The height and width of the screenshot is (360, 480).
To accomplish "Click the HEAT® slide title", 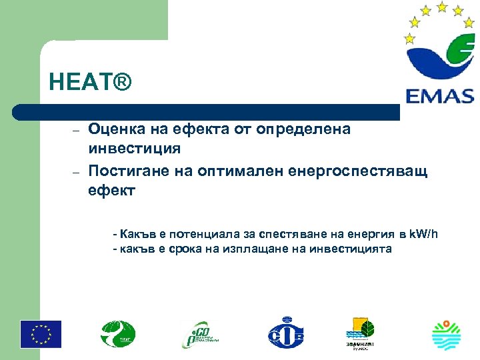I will click(x=91, y=83).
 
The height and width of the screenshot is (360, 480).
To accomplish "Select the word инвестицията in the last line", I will click(x=351, y=249).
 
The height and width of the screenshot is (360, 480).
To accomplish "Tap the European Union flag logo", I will click(x=41, y=334).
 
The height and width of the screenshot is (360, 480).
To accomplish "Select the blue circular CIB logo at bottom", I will click(x=285, y=333).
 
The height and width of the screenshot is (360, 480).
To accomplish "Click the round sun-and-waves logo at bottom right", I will click(x=446, y=334).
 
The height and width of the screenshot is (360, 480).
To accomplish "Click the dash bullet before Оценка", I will click(x=77, y=129).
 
